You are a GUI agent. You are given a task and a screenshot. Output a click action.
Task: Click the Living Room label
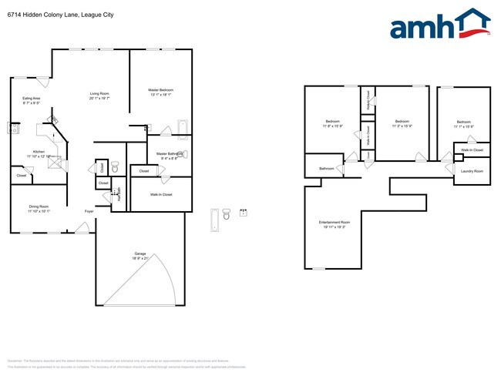coord(99,94)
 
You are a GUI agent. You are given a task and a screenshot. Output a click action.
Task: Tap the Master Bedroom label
coord(160,90)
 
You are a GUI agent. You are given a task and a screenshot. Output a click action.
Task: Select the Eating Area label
coord(31,99)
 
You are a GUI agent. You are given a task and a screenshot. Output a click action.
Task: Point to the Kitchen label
coord(39,152)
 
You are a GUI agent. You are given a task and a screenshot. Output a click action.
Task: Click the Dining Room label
coord(39,206)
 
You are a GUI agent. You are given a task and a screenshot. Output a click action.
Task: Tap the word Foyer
coord(89,210)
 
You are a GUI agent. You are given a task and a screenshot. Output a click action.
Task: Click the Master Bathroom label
coord(167,153)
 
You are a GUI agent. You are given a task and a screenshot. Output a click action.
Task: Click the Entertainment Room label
coord(334,223)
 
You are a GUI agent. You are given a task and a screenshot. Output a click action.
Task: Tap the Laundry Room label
coord(472,170)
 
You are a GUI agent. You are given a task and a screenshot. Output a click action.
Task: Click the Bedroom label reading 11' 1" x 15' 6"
coord(463,122)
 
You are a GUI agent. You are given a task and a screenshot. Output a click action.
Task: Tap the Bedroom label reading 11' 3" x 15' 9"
coord(402,122)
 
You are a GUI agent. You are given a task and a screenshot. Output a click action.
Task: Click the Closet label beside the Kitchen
coord(21,176)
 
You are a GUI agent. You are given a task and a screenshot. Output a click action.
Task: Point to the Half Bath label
coord(119,194)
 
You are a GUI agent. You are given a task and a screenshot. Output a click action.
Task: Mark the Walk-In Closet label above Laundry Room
coord(472,150)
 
